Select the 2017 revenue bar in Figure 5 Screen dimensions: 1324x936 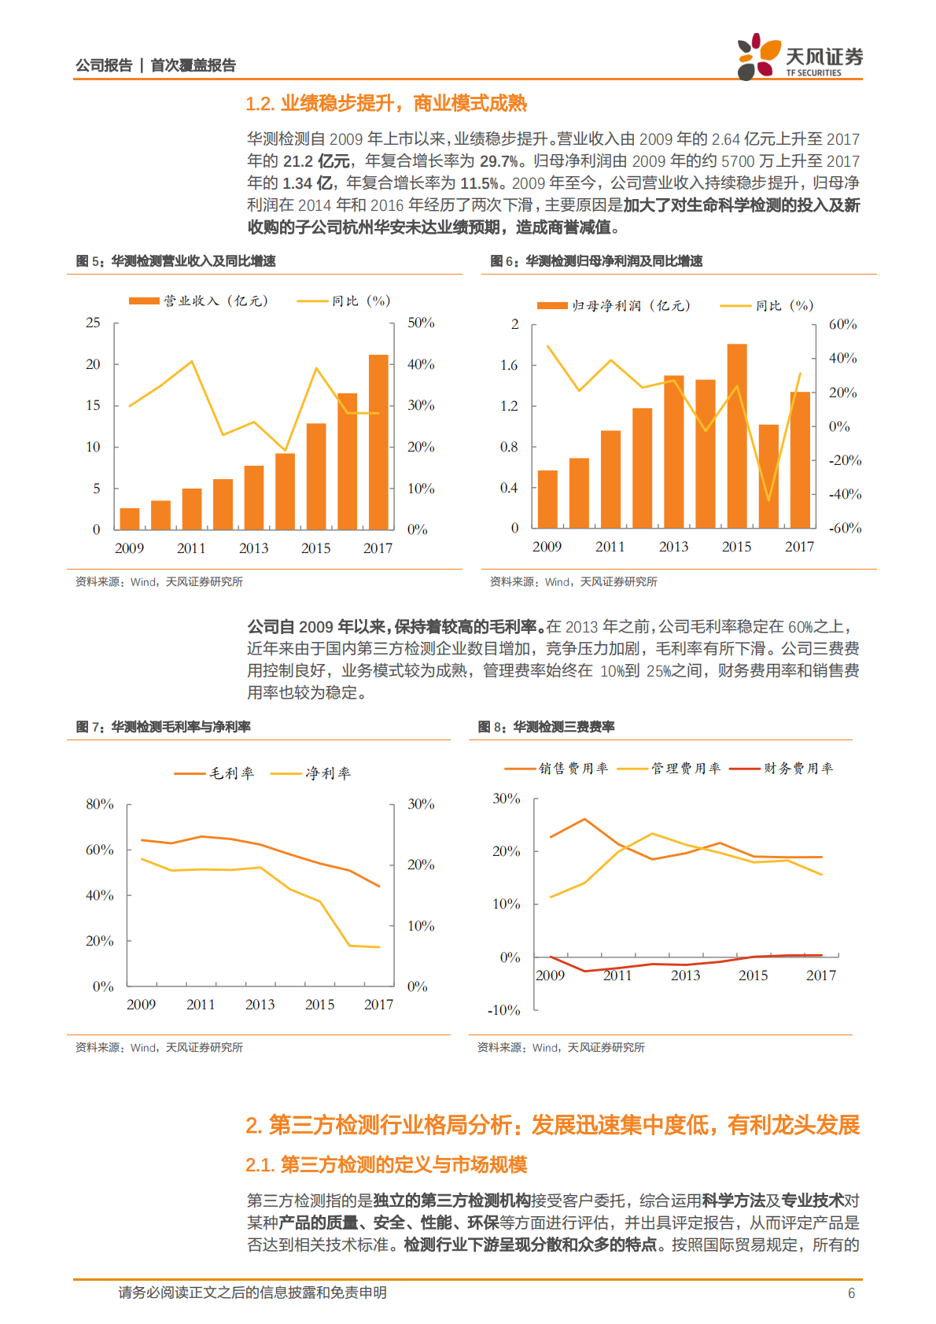[378, 441]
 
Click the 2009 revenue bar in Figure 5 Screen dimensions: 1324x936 [130, 518]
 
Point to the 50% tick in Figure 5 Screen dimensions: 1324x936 [421, 323]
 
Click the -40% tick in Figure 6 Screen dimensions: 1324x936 [845, 494]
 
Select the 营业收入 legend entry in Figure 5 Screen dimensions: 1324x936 [200, 301]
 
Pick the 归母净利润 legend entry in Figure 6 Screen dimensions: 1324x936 [614, 305]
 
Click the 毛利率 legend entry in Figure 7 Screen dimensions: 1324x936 [215, 773]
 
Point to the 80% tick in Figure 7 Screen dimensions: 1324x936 [100, 804]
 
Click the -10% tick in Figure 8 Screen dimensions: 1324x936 [503, 1010]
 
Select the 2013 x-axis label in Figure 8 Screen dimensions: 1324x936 [685, 975]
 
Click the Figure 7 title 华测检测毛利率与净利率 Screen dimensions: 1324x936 [180, 727]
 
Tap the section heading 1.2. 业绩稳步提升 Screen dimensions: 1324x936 [385, 103]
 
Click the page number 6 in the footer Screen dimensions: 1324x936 [851, 1293]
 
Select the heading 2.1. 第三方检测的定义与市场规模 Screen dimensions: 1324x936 [385, 1164]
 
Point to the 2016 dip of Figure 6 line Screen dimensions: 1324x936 [768, 500]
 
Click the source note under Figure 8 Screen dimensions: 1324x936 [561, 1047]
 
